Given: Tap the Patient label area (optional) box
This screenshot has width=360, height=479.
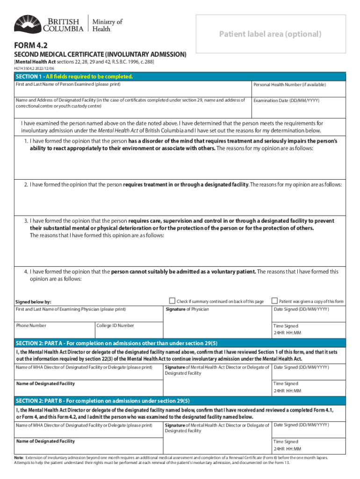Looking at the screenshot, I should click(271, 34).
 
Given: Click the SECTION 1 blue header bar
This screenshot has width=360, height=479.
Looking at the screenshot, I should click(180, 77).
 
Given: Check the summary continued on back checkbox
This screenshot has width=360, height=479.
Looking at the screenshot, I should click(172, 301).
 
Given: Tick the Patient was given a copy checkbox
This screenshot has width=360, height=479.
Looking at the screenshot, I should click(275, 301).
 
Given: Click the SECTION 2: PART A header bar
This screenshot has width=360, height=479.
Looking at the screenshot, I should click(180, 343).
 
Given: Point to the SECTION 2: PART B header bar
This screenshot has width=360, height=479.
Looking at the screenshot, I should click(180, 401).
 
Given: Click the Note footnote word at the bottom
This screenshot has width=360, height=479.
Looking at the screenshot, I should click(19, 457).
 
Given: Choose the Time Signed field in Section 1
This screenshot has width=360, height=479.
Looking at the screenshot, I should click(309, 330).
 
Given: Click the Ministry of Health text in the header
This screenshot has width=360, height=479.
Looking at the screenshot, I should click(107, 25).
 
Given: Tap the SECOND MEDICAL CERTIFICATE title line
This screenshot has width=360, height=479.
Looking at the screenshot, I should click(100, 55).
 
